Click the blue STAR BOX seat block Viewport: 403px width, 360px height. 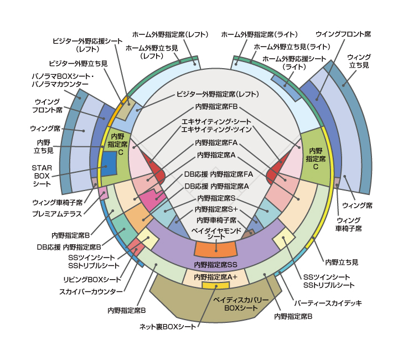coord(108,163)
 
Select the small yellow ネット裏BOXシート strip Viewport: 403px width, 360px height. coord(216,285)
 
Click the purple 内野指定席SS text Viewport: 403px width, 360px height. coord(216,264)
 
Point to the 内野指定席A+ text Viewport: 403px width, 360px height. coord(216,276)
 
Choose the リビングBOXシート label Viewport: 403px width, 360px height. coord(91,279)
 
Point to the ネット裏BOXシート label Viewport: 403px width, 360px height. coord(168,327)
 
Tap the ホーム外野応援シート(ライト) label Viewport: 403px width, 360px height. coord(294,62)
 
